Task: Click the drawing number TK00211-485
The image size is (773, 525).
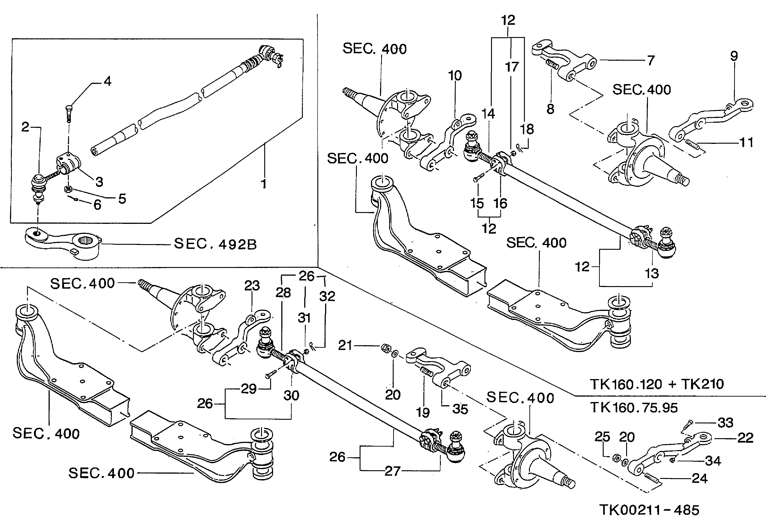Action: click(649, 510)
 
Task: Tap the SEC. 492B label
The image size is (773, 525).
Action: click(215, 244)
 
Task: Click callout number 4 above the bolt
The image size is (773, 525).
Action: click(107, 81)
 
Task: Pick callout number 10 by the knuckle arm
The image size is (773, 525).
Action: click(455, 76)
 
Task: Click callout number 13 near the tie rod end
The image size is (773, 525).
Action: click(652, 274)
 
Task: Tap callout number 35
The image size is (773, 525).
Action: click(460, 409)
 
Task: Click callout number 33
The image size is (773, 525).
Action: click(725, 423)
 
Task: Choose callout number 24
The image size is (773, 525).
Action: click(699, 479)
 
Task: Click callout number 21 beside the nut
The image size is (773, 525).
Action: click(345, 345)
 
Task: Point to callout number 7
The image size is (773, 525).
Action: click(651, 61)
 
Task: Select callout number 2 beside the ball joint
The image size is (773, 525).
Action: click(25, 127)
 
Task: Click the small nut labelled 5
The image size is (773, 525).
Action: click(68, 189)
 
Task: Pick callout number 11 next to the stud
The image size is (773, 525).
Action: click(746, 142)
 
